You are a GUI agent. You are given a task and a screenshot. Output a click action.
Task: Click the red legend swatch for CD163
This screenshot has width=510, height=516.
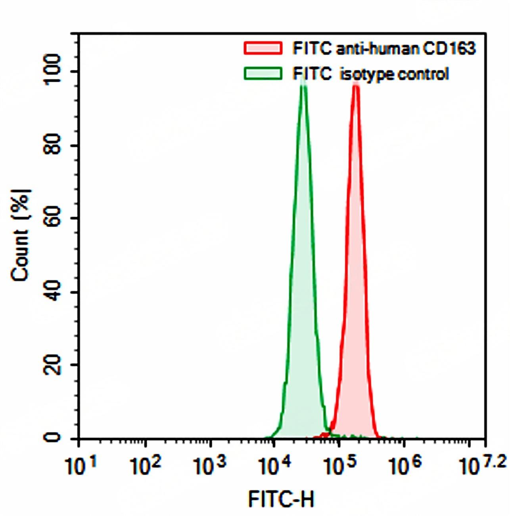coord(263,48)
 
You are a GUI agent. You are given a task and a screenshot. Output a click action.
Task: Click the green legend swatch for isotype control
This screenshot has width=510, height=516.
coord(263,74)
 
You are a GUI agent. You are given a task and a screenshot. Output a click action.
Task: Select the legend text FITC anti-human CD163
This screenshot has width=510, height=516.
coord(383,48)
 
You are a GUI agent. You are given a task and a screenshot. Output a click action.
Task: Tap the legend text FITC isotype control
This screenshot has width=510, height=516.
coord(371,74)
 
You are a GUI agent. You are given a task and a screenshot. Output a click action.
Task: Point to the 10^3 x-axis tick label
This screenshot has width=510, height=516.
coord(210,466)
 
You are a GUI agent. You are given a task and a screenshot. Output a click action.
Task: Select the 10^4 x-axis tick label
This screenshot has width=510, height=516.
coord(274,466)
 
